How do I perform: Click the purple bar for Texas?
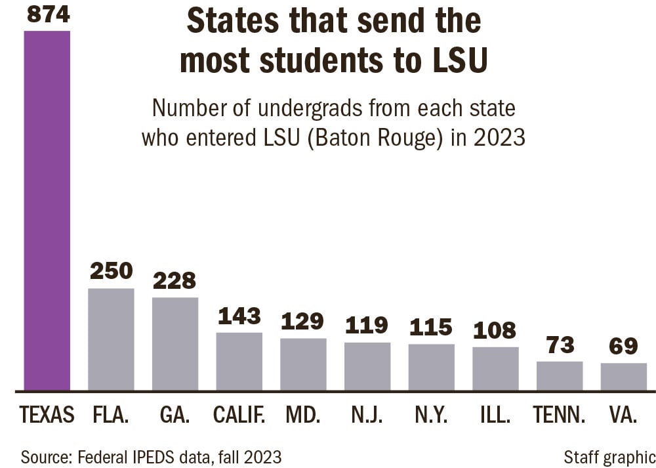click(x=47, y=210)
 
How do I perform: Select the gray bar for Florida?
click(x=111, y=339)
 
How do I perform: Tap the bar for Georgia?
click(x=175, y=344)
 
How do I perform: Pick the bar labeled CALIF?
click(x=239, y=362)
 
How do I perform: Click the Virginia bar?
click(x=623, y=377)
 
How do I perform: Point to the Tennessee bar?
click(x=560, y=376)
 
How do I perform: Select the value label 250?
click(x=111, y=270)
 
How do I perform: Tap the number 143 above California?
click(x=239, y=316)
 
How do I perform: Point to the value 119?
click(x=367, y=325)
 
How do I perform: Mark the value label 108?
click(x=495, y=330)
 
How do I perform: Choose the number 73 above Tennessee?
click(x=560, y=344)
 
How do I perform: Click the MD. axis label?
click(x=303, y=415)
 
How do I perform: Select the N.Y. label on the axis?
click(x=431, y=415)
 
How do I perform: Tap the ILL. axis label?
click(x=495, y=415)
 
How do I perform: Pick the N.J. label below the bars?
click(x=367, y=415)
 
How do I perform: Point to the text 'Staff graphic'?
click(x=609, y=457)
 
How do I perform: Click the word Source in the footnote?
click(x=45, y=457)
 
